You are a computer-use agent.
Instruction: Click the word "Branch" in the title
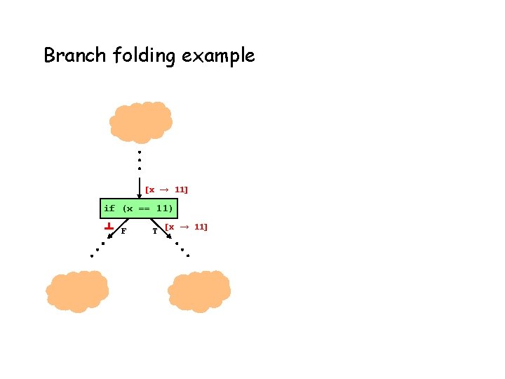(74, 55)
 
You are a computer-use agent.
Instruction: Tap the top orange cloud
(141, 122)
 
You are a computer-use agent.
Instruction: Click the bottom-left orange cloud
(77, 291)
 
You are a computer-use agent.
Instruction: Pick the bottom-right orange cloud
(199, 291)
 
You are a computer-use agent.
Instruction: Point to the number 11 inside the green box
(163, 208)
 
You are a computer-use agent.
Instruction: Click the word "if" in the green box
(109, 208)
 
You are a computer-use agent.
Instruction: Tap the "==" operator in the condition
(144, 208)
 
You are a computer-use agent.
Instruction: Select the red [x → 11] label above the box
(167, 189)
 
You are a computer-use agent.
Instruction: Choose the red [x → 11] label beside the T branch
(186, 227)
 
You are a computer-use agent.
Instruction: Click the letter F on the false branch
(123, 230)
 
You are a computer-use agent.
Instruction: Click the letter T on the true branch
(155, 230)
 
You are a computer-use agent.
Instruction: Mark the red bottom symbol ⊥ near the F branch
(109, 227)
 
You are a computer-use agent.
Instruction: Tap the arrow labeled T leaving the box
(163, 227)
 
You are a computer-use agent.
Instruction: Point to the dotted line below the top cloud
(140, 161)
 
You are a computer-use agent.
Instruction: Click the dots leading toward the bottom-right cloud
(182, 250)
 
